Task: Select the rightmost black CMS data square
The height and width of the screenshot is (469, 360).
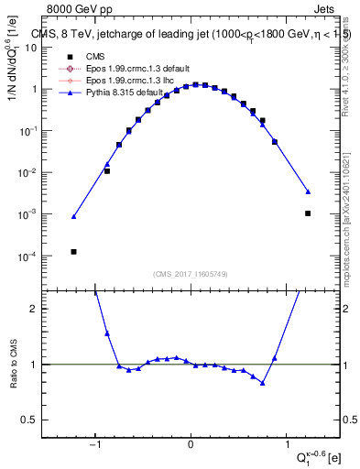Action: pos(308,213)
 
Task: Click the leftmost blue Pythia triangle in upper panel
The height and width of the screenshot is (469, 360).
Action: pos(73,217)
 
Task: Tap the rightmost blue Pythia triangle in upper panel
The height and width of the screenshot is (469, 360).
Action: pos(308,191)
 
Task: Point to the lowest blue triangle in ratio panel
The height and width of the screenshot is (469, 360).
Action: pos(263,383)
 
